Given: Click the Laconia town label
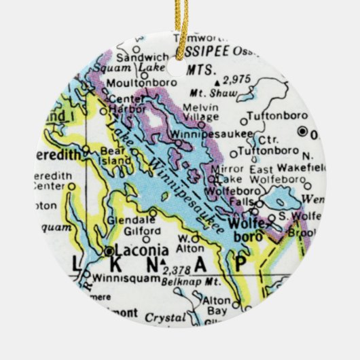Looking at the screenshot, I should point(135,250).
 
